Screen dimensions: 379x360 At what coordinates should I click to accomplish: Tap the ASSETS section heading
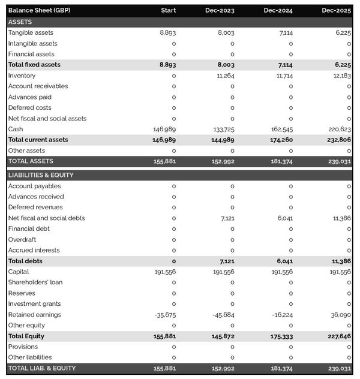tap(20, 22)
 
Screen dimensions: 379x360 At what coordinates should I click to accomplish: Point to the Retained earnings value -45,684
tap(223, 315)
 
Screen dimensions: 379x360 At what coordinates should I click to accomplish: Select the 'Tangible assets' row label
tap(31, 32)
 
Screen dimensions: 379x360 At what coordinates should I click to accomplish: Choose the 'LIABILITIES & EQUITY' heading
tap(41, 175)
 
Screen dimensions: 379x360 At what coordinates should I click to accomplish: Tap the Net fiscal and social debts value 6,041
tap(285, 218)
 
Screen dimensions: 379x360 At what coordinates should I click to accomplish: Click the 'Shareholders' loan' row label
tap(35, 282)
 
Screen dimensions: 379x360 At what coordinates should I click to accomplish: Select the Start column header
tap(168, 11)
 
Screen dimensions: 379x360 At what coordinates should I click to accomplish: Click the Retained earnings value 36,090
tap(340, 315)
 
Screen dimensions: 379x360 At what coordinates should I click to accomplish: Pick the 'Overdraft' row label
tap(22, 239)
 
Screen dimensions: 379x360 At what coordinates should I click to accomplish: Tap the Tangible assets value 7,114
tap(286, 32)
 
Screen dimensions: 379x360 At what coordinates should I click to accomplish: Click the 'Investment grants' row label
tap(34, 304)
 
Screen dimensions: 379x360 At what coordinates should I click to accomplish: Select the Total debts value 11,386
tap(340, 261)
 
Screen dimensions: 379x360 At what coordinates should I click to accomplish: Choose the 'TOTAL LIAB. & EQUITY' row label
tap(42, 368)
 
